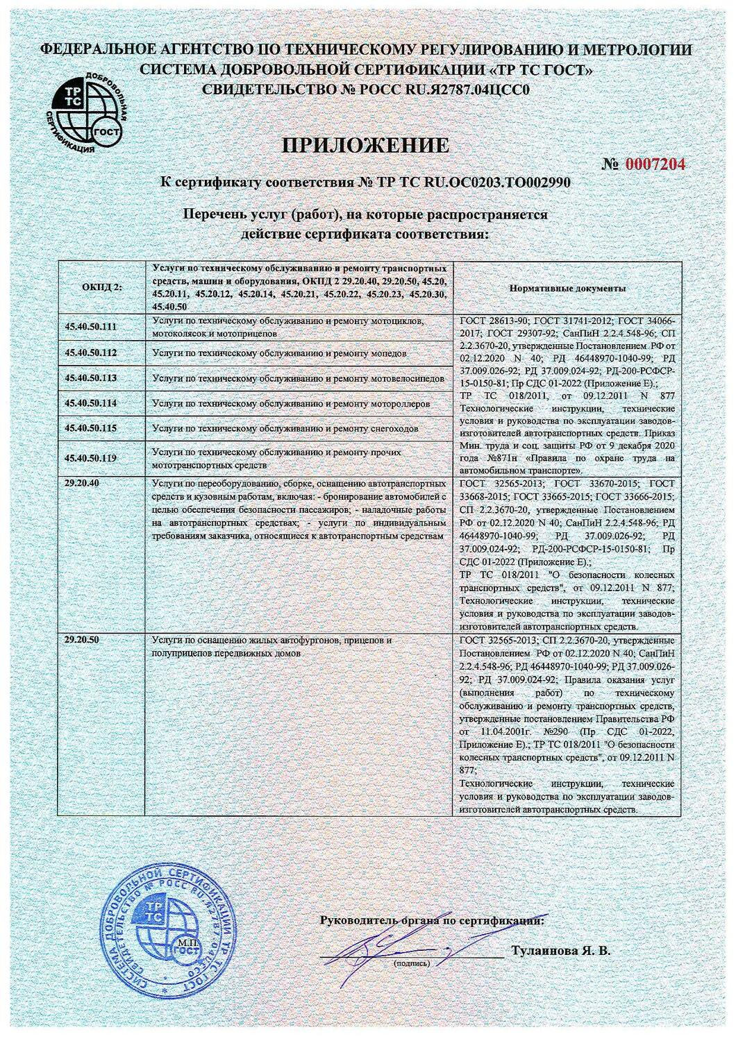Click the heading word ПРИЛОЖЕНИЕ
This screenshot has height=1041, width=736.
(365, 145)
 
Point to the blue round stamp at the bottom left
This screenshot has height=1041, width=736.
(165, 933)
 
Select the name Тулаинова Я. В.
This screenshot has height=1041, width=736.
(560, 950)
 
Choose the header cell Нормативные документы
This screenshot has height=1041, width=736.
(567, 287)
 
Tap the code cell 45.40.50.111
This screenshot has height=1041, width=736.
(91, 325)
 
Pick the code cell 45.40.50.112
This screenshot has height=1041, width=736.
(91, 353)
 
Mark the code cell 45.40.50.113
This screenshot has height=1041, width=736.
(91, 378)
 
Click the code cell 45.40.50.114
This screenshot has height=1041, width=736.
(91, 403)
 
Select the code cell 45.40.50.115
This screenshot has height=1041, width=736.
(91, 428)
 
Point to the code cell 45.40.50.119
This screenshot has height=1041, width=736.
(91, 458)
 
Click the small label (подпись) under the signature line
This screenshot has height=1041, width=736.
(411, 963)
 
